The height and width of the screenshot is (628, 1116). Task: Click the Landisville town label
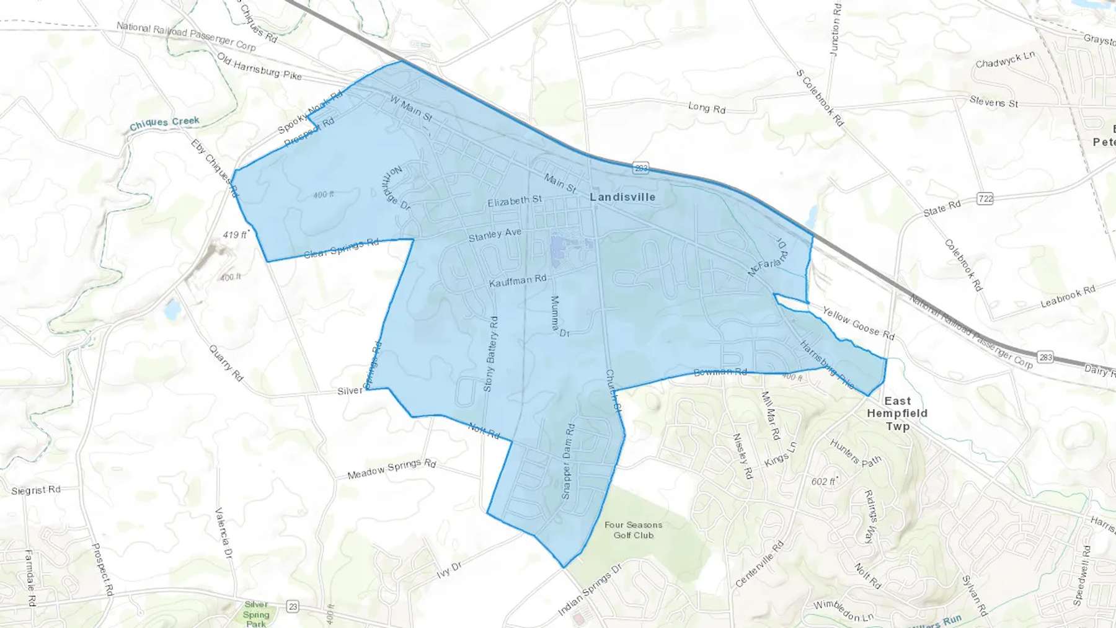point(622,197)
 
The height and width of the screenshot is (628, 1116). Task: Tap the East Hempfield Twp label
point(897,414)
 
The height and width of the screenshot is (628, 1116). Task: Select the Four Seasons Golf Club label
point(633,530)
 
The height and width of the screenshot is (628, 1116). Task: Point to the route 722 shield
point(985,198)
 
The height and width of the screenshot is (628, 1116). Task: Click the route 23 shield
point(293,607)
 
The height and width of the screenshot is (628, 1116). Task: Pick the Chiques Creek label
point(164,123)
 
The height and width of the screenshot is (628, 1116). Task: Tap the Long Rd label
point(706,108)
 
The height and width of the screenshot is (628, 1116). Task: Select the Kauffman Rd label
point(518,281)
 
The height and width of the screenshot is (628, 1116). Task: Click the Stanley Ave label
point(495,235)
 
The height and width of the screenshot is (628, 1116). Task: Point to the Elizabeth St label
point(515,201)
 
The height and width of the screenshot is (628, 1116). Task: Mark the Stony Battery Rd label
point(490,354)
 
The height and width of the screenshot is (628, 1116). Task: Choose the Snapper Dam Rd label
point(568,461)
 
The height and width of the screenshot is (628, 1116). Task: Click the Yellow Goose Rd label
point(858,324)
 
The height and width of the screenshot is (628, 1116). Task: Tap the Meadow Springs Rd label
point(391,469)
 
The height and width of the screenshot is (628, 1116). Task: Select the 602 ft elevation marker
point(824,481)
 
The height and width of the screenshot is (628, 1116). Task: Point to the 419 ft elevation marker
point(236,235)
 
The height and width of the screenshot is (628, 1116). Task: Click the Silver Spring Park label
point(256,614)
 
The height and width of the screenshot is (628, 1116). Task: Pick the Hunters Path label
point(856,453)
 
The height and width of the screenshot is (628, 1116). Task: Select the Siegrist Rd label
point(36,490)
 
